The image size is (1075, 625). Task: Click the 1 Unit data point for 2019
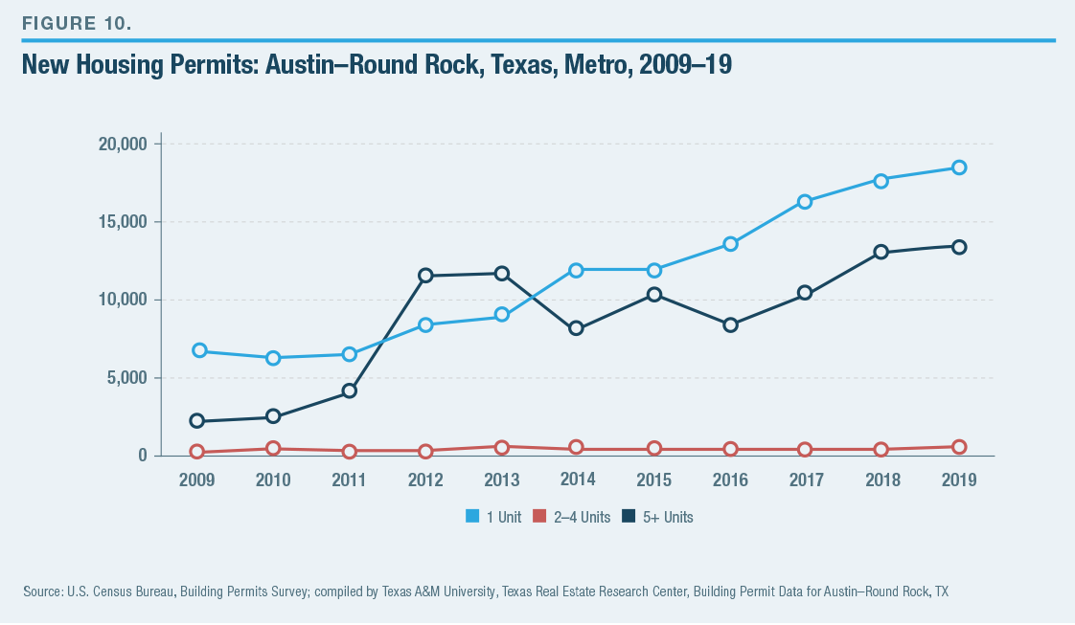pos(958,167)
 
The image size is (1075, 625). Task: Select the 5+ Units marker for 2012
pos(425,276)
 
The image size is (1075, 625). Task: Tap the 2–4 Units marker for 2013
pos(502,447)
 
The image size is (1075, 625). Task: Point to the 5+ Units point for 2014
pos(577,328)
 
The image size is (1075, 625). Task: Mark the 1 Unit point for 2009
pos(199,350)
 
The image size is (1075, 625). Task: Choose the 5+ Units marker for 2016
pos(730,325)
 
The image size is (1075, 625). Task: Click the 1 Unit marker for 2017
pos(805,201)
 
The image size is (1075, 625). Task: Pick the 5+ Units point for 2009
pos(197,421)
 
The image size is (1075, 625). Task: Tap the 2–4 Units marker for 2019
pos(958,447)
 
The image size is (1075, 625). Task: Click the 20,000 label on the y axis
pos(122,145)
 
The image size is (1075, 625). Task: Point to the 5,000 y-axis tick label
pos(126,378)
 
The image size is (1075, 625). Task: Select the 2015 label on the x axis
pos(654,480)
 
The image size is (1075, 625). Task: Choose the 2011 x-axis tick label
pos(350,480)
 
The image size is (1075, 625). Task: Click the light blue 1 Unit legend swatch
pos(472,517)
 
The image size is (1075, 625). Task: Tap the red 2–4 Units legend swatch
pos(539,517)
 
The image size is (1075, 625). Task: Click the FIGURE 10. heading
pos(77,24)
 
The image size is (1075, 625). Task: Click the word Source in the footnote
pos(42,592)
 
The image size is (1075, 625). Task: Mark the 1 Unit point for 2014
pos(577,270)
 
